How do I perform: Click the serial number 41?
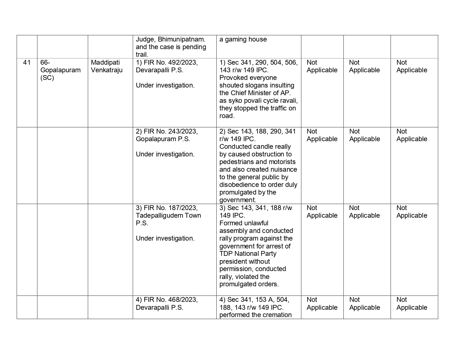tap(27, 62)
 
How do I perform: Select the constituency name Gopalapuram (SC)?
tap(60, 70)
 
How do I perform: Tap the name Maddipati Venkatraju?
tap(107, 66)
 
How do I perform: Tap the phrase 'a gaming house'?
tap(243, 39)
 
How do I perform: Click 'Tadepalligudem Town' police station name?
tap(168, 215)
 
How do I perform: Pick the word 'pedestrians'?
tap(237, 162)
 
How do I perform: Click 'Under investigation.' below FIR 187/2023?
tap(165, 238)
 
